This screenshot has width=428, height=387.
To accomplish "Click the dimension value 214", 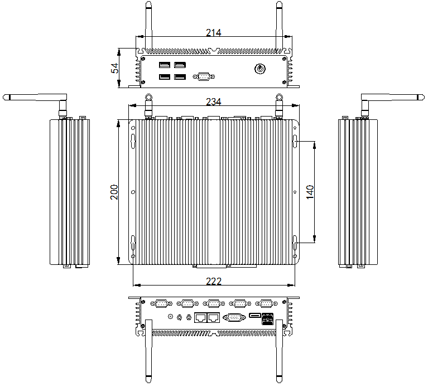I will (214, 33).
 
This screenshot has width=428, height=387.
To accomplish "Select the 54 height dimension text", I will (115, 68).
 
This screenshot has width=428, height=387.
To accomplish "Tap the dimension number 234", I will (214, 102).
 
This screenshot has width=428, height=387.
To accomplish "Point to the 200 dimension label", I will (114, 192).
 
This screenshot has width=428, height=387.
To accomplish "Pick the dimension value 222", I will (214, 282).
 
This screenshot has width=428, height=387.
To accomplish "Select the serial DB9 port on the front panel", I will (202, 76).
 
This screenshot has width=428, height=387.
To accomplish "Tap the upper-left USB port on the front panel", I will (165, 65).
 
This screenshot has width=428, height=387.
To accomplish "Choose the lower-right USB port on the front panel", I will (180, 77).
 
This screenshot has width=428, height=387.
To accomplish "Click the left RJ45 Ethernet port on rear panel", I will (200, 318).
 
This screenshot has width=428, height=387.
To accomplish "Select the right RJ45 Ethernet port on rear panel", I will (213, 318).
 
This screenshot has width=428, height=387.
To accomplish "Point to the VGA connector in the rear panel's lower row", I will (233, 317).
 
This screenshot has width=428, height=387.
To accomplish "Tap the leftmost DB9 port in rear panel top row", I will (161, 303).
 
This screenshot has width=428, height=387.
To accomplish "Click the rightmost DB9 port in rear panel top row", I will (266, 303).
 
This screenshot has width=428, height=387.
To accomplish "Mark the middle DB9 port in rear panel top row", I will (213, 303).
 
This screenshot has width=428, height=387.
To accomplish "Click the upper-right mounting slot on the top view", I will (295, 142).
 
